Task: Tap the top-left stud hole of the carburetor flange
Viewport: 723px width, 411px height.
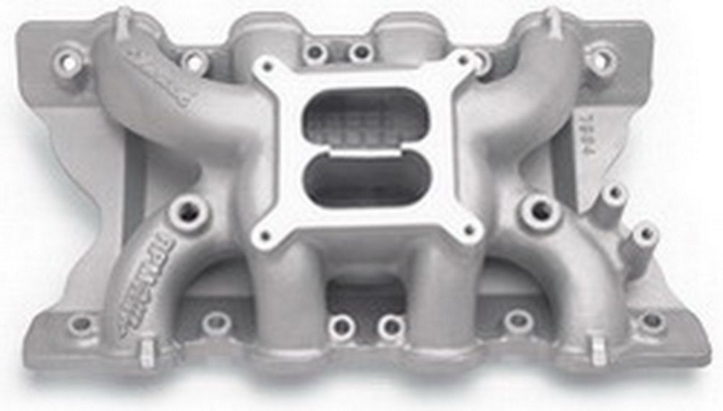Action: tap(268, 67)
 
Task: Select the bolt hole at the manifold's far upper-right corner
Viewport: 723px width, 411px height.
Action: tap(601, 58)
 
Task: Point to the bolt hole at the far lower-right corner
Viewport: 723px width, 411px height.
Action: tap(651, 321)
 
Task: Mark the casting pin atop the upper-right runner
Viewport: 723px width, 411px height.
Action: tap(553, 22)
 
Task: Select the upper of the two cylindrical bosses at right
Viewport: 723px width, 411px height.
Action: tap(614, 194)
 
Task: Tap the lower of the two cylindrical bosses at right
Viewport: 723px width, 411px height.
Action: tap(644, 233)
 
